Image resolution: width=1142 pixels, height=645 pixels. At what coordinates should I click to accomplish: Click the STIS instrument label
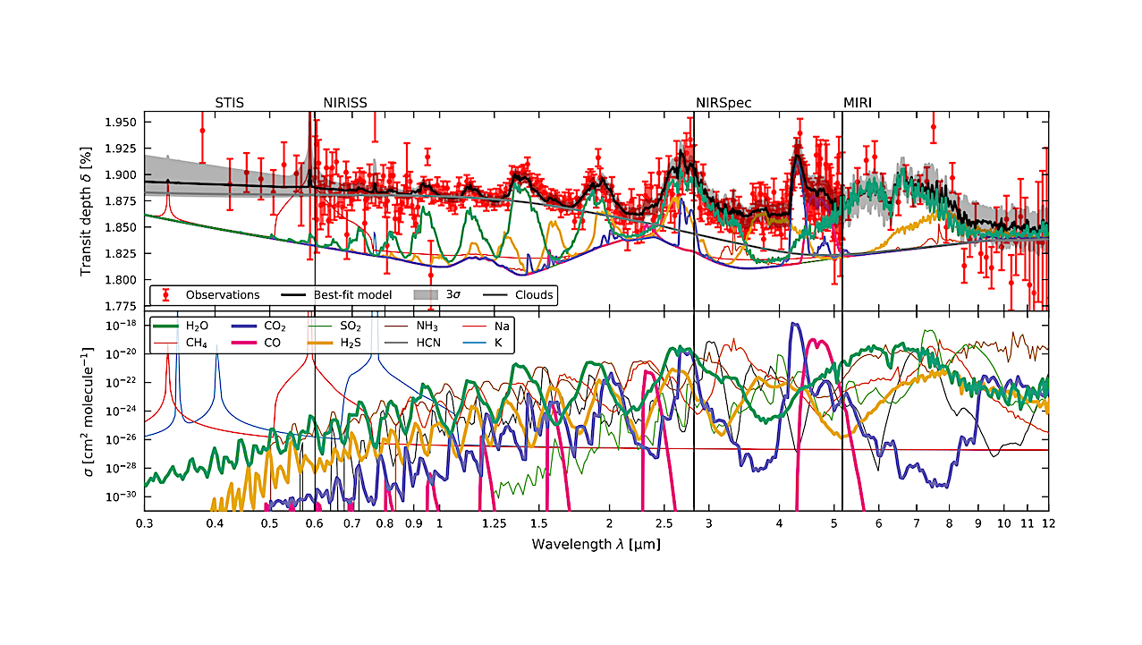pyautogui.click(x=230, y=102)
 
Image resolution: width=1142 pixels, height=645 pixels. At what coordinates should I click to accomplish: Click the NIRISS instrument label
pyautogui.click(x=344, y=102)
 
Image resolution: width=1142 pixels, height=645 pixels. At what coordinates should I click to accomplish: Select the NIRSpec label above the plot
pyautogui.click(x=723, y=102)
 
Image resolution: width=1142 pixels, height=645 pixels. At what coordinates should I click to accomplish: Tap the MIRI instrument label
pyautogui.click(x=858, y=102)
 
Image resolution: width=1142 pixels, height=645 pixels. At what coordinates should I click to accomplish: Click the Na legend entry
pyautogui.click(x=501, y=326)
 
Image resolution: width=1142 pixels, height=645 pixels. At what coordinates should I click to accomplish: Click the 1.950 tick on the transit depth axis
pyautogui.click(x=121, y=122)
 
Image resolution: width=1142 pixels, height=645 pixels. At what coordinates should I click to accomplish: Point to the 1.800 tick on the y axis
pyautogui.click(x=121, y=280)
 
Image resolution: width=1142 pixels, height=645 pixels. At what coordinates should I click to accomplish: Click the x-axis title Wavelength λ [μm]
pyautogui.click(x=595, y=543)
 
